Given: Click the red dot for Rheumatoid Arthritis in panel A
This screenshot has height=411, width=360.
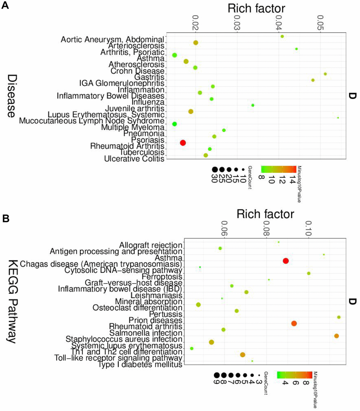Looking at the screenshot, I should pyautogui.click(x=183, y=143).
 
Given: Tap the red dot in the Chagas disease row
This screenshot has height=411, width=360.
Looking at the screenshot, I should pyautogui.click(x=286, y=261).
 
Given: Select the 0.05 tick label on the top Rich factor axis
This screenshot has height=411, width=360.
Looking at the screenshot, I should pyautogui.click(x=320, y=23).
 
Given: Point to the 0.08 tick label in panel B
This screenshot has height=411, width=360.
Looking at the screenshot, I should pyautogui.click(x=266, y=228).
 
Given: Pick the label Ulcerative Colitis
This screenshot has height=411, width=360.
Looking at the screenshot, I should pyautogui.click(x=134, y=159).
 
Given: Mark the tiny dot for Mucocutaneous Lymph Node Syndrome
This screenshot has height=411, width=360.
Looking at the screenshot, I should pyautogui.click(x=338, y=118).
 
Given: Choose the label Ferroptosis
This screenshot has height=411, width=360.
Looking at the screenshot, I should pyautogui.click(x=162, y=276).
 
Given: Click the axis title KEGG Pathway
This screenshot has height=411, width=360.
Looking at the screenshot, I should pyautogui.click(x=12, y=301).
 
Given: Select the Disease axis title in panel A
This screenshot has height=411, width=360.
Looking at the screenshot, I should pyautogui.click(x=12, y=96).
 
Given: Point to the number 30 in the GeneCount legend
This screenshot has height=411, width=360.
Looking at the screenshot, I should pyautogui.click(x=214, y=179).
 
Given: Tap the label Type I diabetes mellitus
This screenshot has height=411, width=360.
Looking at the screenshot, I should pyautogui.click(x=140, y=365).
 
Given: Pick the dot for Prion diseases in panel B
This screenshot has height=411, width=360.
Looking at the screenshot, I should pyautogui.click(x=339, y=317).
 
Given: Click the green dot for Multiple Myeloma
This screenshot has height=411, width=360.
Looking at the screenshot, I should pyautogui.click(x=175, y=124).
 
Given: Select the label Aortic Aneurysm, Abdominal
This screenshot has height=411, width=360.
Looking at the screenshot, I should pyautogui.click(x=112, y=40).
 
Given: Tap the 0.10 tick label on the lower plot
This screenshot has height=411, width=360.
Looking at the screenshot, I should pyautogui.click(x=308, y=228).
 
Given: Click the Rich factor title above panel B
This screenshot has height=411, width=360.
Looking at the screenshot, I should pyautogui.click(x=265, y=214).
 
